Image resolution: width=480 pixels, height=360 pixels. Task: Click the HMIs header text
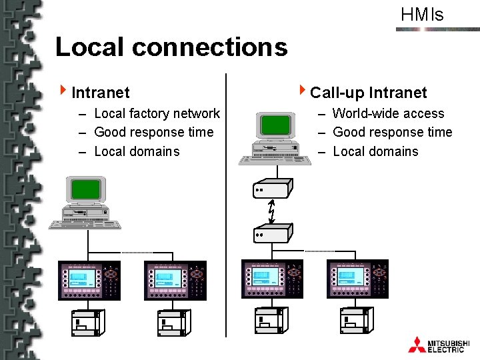tap(422, 15)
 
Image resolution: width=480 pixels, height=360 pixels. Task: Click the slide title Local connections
tap(171, 47)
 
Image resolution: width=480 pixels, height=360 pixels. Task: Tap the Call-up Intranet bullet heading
tap(368, 92)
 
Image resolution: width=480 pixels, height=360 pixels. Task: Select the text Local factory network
tap(157, 114)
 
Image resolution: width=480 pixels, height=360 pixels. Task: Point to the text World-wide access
tap(388, 114)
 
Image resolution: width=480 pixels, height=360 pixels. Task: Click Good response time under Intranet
tap(153, 133)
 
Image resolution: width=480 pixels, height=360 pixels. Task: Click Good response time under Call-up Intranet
tap(392, 133)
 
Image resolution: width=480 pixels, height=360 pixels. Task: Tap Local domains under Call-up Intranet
tap(375, 151)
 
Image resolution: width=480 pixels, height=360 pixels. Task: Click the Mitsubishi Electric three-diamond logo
tap(417, 345)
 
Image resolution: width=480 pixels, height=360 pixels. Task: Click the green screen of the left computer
tap(85, 189)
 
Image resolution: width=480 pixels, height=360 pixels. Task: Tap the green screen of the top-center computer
tap(276, 125)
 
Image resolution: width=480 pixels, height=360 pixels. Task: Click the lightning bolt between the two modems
tap(271, 211)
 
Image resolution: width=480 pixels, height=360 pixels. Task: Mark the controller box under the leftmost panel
tap(85, 323)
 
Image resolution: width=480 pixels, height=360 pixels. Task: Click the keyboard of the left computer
tap(85, 224)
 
